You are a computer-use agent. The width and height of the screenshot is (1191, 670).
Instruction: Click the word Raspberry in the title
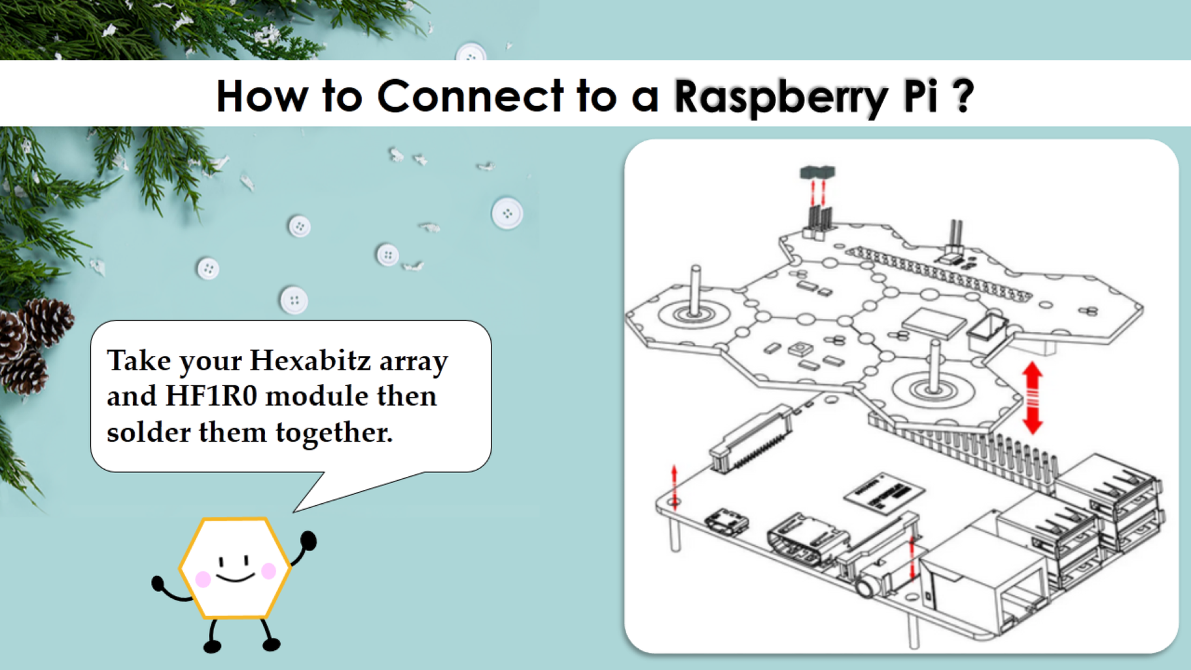(781, 97)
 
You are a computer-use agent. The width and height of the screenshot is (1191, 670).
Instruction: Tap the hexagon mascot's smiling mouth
(236, 577)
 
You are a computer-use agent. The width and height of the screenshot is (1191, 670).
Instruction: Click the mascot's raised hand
(308, 541)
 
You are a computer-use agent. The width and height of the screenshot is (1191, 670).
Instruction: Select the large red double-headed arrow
(1032, 398)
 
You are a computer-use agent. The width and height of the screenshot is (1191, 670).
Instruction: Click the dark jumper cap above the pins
(817, 172)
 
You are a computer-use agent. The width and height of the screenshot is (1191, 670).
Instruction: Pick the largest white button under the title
(507, 213)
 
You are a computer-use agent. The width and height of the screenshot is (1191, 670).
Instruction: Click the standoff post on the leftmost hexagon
(695, 291)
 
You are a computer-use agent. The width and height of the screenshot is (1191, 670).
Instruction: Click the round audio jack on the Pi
(867, 586)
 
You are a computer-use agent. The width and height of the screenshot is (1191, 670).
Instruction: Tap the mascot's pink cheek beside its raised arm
(268, 571)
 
